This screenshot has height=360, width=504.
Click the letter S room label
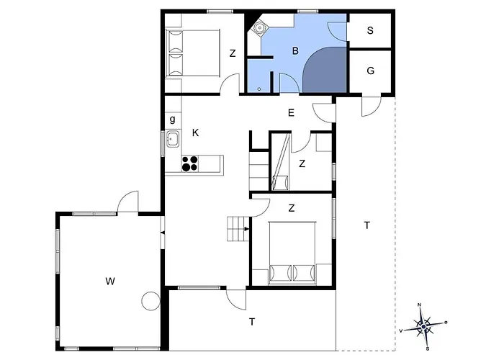(x=370, y=31)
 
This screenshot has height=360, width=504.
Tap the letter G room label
(x=370, y=71)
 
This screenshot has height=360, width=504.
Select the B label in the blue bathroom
(x=294, y=50)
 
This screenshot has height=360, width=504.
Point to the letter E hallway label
(x=291, y=112)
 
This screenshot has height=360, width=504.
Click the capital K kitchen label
(x=195, y=133)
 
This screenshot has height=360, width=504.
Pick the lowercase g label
(x=173, y=119)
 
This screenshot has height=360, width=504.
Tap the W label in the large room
(x=110, y=280)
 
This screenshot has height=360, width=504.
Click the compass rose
(x=424, y=327)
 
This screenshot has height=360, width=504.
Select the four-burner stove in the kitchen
(x=189, y=164)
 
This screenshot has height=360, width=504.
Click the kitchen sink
(x=173, y=139)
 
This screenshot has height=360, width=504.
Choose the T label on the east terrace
(x=366, y=225)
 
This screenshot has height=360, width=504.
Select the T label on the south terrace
(x=252, y=322)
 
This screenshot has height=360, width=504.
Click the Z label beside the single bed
(x=232, y=53)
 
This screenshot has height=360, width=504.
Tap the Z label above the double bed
(x=292, y=208)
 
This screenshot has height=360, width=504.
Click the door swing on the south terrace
(x=235, y=297)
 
